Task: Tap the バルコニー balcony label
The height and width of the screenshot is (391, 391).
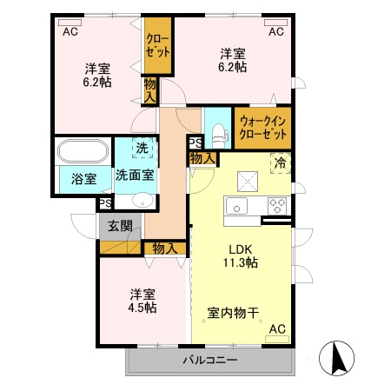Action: (x=209, y=359)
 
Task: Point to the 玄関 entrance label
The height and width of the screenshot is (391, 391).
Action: (x=120, y=227)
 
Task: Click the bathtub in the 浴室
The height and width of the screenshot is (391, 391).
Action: (x=83, y=151)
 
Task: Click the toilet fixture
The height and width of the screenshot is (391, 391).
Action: (x=218, y=131)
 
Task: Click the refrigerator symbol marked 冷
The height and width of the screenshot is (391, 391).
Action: (x=280, y=162)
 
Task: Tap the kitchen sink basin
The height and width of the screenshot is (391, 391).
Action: (x=236, y=207)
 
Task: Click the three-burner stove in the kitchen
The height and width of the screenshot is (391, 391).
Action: (x=278, y=206)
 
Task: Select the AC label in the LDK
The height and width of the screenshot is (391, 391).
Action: (x=277, y=329)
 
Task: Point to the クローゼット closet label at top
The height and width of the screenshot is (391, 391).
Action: (x=157, y=45)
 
